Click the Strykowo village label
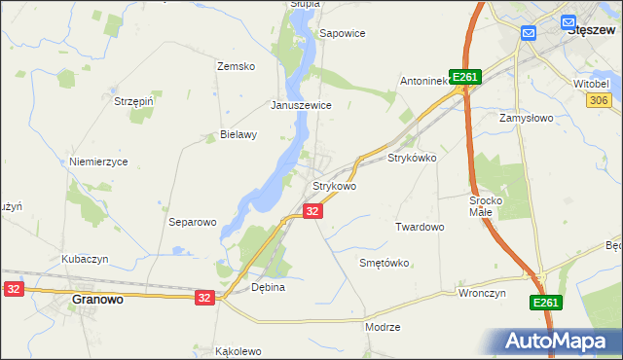[334, 185]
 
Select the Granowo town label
[97, 300]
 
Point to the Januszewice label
[302, 105]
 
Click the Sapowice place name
[343, 33]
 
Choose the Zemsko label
[236, 66]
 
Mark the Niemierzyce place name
[98, 162]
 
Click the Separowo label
[192, 222]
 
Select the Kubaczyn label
[85, 259]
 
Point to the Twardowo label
[420, 227]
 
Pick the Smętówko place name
[385, 263]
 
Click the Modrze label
[383, 327]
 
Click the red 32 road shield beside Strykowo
[311, 210]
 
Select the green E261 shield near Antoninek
[466, 78]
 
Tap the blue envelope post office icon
[529, 33]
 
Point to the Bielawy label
[238, 135]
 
